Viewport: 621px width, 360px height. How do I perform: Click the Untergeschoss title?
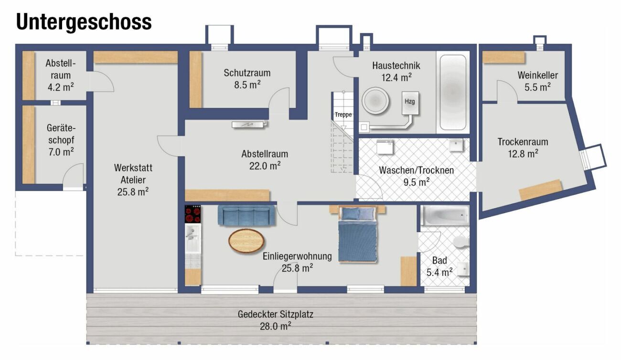[x=84, y=22]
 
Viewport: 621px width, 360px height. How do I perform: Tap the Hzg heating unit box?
[x=410, y=103]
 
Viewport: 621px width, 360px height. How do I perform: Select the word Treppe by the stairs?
[x=343, y=115]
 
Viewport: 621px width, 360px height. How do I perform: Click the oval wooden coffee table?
[x=246, y=241]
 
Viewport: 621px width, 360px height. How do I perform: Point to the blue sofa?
[x=246, y=215]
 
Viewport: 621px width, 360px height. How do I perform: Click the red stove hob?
[x=193, y=214]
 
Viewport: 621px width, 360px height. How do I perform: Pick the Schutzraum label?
[x=247, y=73]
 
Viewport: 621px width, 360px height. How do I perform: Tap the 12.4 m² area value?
[x=396, y=78]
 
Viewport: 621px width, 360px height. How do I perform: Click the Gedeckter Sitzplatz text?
[x=275, y=314]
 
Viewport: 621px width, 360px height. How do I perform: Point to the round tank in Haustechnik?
[x=375, y=101]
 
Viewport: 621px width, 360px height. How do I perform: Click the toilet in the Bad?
[x=461, y=242]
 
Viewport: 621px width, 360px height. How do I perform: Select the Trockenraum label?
[x=523, y=142]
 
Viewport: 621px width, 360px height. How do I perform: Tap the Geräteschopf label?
[x=61, y=134]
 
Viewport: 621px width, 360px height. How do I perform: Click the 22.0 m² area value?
[x=265, y=166]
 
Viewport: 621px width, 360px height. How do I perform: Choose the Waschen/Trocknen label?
[x=417, y=170]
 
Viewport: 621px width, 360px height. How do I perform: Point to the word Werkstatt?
[x=133, y=168]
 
